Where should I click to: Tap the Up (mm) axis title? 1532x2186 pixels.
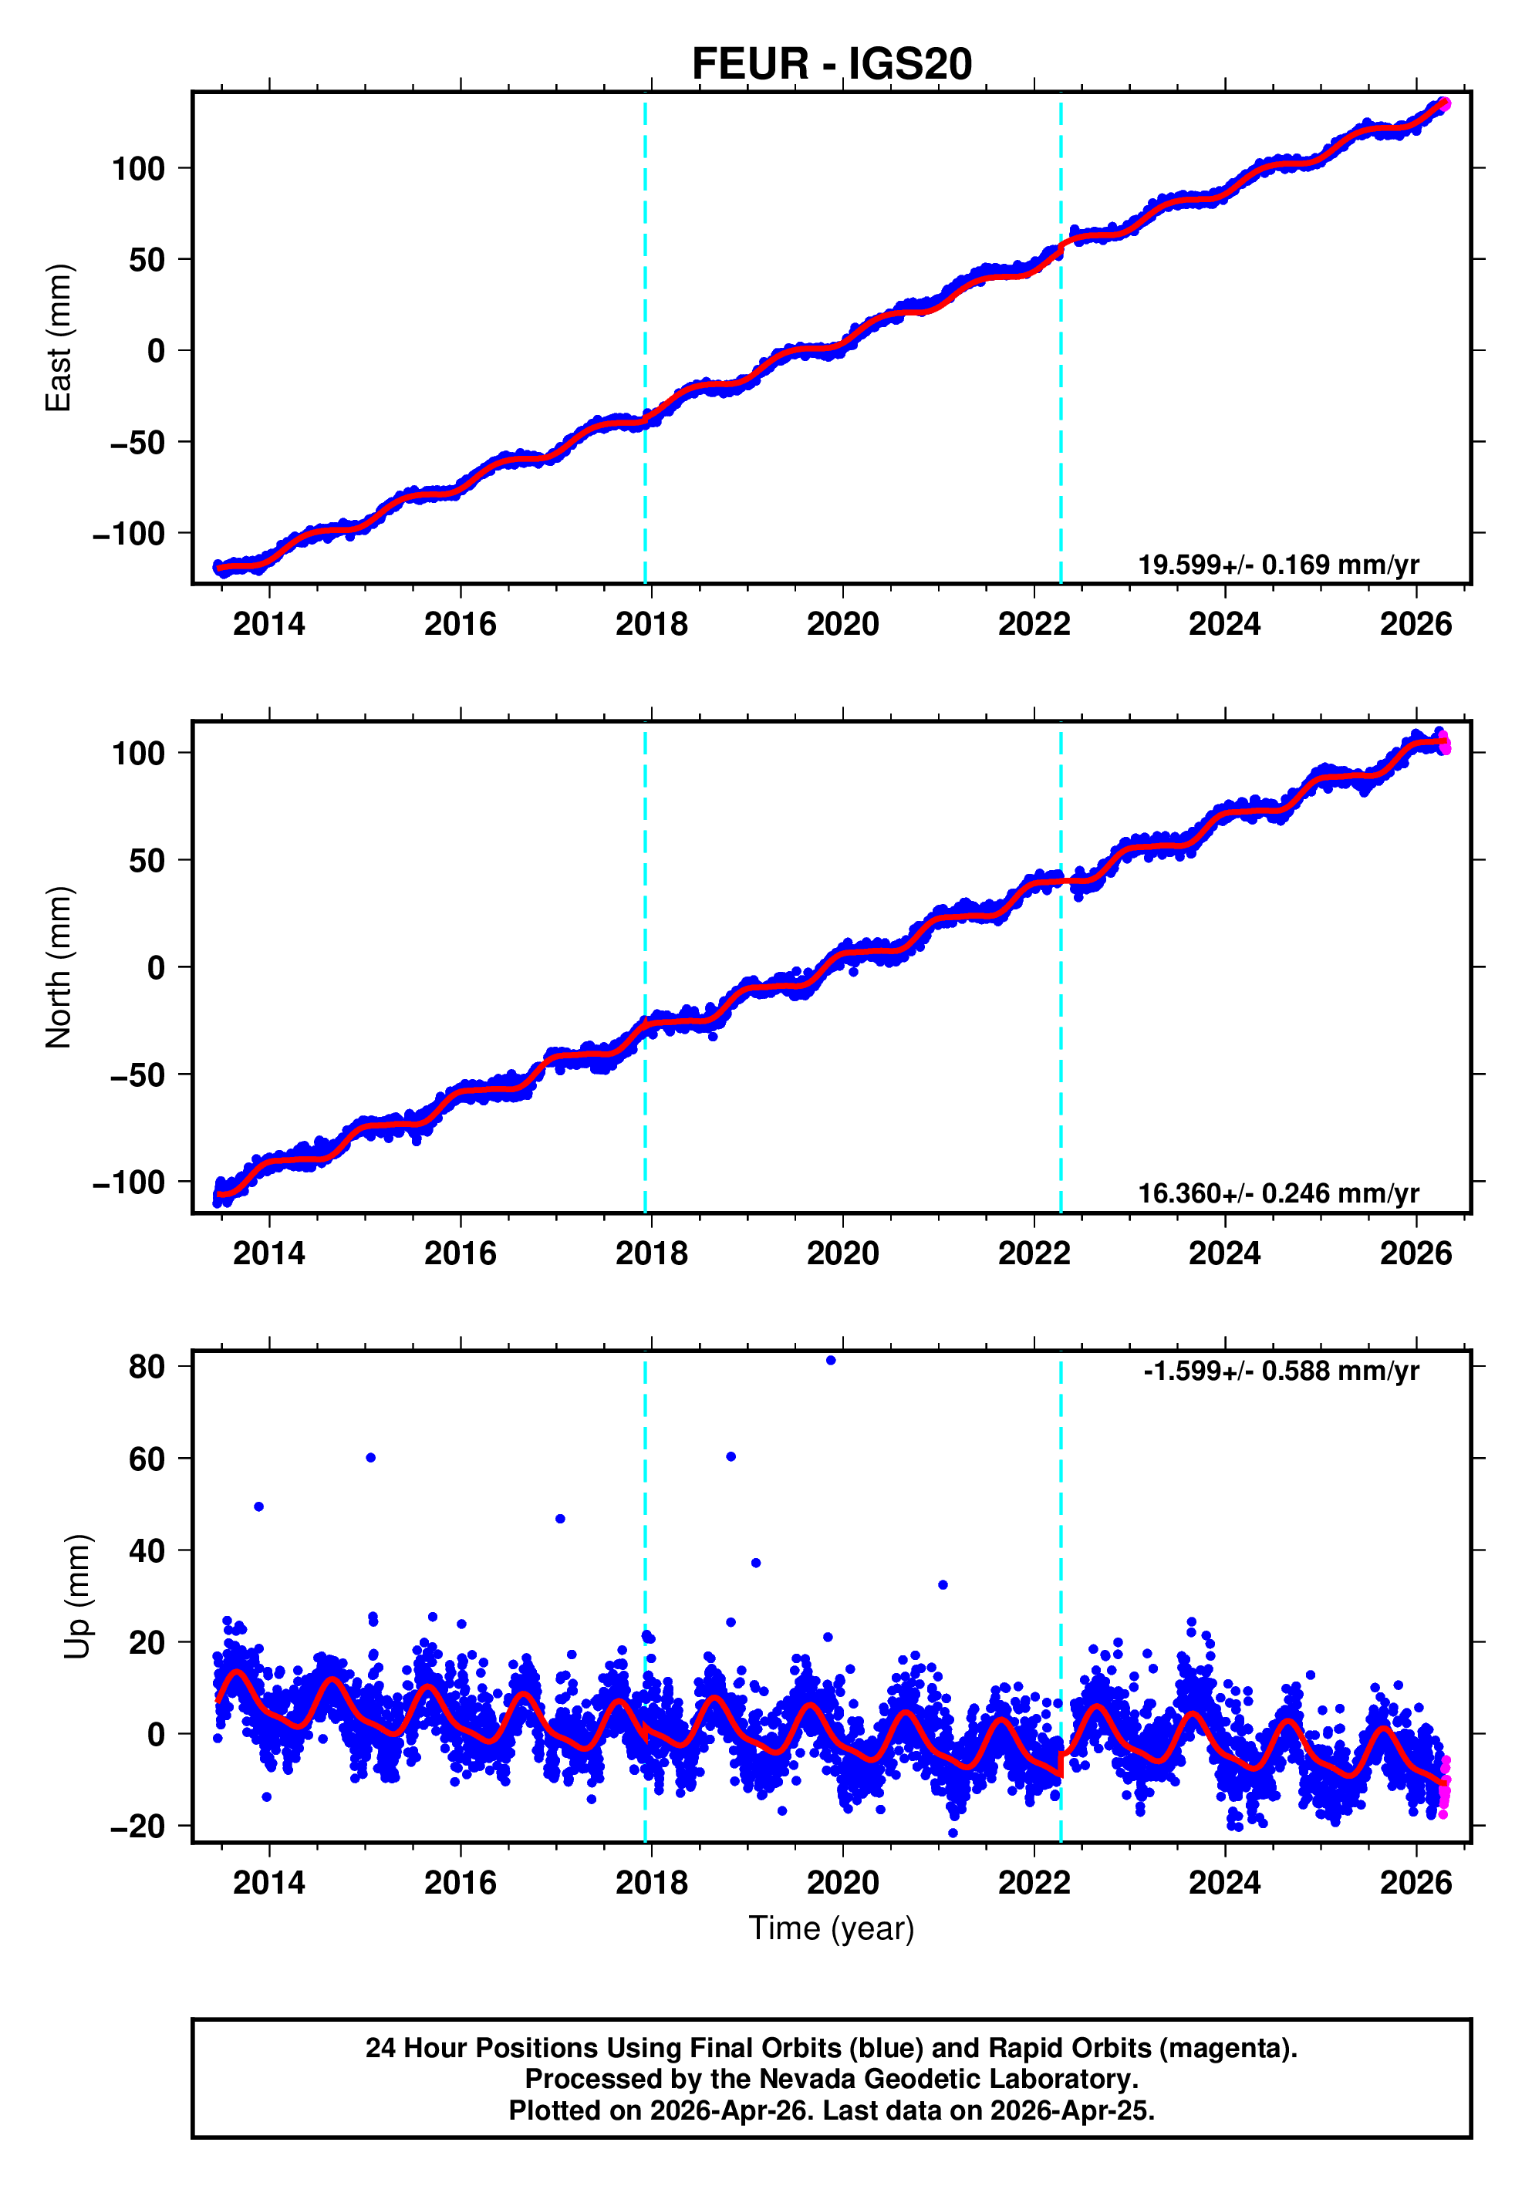tap(78, 1597)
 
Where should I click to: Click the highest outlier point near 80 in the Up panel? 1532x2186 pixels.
tap(832, 1361)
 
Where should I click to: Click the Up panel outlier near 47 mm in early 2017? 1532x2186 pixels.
tap(560, 1519)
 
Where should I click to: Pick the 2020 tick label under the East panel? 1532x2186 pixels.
tap(842, 625)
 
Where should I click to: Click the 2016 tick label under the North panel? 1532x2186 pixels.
tap(460, 1253)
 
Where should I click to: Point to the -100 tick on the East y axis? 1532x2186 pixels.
tap(129, 533)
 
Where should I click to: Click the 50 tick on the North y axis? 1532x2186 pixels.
tap(147, 861)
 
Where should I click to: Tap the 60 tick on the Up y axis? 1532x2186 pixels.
tap(147, 1459)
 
